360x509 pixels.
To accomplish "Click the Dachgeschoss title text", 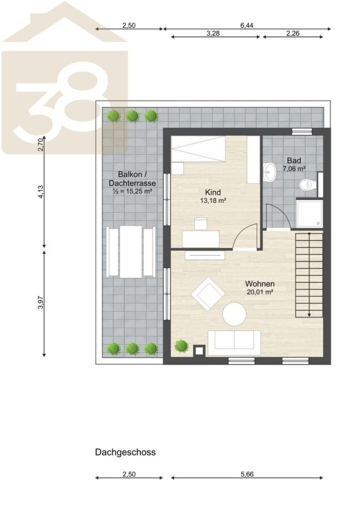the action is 125,452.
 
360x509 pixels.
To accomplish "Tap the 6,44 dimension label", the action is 247,25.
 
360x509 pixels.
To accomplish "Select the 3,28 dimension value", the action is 213,33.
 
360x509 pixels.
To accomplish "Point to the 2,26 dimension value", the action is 293,33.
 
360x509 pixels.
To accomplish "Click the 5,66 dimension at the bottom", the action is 247,474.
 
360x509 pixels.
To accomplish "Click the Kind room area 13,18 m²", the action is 213,201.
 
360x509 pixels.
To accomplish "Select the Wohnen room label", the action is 260,284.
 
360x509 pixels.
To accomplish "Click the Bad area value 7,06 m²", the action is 294,169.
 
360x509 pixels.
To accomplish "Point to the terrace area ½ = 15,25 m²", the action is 132,191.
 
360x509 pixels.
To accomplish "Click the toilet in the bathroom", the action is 307,185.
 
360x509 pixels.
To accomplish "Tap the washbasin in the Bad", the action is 269,170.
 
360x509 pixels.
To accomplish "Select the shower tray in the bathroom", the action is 309,214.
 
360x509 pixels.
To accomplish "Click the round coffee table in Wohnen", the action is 234,314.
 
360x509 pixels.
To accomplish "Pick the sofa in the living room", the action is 234,343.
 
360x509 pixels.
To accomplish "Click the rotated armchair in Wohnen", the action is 208,294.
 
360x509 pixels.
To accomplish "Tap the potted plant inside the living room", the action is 181,346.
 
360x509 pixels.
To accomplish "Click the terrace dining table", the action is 131,252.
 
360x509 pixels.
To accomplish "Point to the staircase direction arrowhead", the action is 309,314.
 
